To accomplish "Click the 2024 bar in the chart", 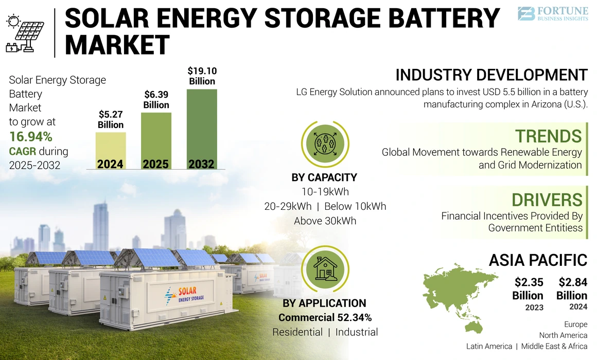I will point(111,150).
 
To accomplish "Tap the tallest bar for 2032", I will point(201,129).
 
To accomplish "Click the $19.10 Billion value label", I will point(201,76).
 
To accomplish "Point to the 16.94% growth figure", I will point(30,137).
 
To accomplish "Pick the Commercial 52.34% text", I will point(325,317).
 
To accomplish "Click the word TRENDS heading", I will point(549,136).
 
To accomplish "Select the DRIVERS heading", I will point(547,200).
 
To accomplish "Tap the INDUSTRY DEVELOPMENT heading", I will point(491,75).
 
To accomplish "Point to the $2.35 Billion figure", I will point(528,289).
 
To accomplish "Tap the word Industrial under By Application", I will point(357,332).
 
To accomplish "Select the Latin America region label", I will point(489,346).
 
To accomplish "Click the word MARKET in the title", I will point(117,45).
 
